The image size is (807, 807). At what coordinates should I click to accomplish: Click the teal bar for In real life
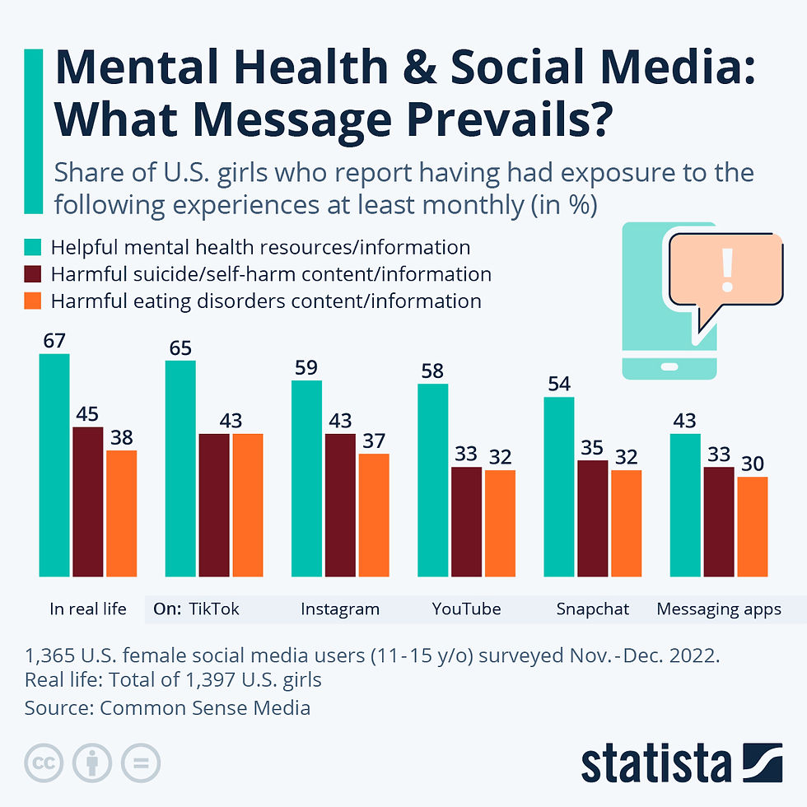[x=54, y=465]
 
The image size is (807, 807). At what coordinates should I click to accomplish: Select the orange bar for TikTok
[x=247, y=505]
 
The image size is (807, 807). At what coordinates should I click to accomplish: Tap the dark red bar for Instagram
[x=340, y=505]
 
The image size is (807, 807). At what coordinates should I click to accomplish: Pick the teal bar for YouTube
[x=433, y=480]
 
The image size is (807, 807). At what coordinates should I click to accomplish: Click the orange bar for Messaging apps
[x=752, y=527]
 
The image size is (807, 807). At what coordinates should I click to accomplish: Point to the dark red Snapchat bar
[x=593, y=519]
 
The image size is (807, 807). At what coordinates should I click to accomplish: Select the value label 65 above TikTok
[x=180, y=348]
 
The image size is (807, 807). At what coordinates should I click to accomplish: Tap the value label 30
[x=752, y=464]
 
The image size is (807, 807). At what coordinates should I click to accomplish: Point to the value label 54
[x=559, y=384]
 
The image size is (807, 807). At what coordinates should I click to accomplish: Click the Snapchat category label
[x=593, y=609]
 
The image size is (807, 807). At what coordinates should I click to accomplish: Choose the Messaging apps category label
[x=719, y=609]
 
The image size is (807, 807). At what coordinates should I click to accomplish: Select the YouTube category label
[x=466, y=609]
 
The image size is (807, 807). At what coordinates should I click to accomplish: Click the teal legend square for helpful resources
[x=33, y=247]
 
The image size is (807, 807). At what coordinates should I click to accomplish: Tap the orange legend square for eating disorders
[x=33, y=301]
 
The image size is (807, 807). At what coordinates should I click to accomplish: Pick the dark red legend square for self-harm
[x=33, y=274]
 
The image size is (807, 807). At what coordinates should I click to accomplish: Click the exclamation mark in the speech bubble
[x=726, y=271]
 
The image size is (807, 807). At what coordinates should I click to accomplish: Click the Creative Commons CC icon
[x=44, y=763]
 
